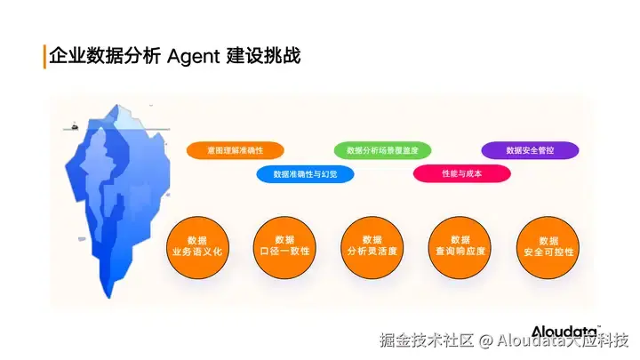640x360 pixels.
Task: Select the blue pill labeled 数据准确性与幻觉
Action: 305,174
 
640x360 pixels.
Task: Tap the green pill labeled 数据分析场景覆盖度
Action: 382,150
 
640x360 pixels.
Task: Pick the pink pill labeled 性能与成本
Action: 461,173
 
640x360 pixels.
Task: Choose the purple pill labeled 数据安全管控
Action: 530,150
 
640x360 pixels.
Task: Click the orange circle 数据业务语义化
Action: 197,246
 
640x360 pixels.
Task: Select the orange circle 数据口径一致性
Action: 284,246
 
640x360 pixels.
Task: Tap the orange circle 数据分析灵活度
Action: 372,246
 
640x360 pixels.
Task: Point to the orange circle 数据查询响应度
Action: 460,246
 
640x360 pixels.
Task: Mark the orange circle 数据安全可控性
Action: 548,246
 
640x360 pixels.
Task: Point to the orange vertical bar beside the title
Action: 44,56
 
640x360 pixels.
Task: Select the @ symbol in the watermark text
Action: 486,340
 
